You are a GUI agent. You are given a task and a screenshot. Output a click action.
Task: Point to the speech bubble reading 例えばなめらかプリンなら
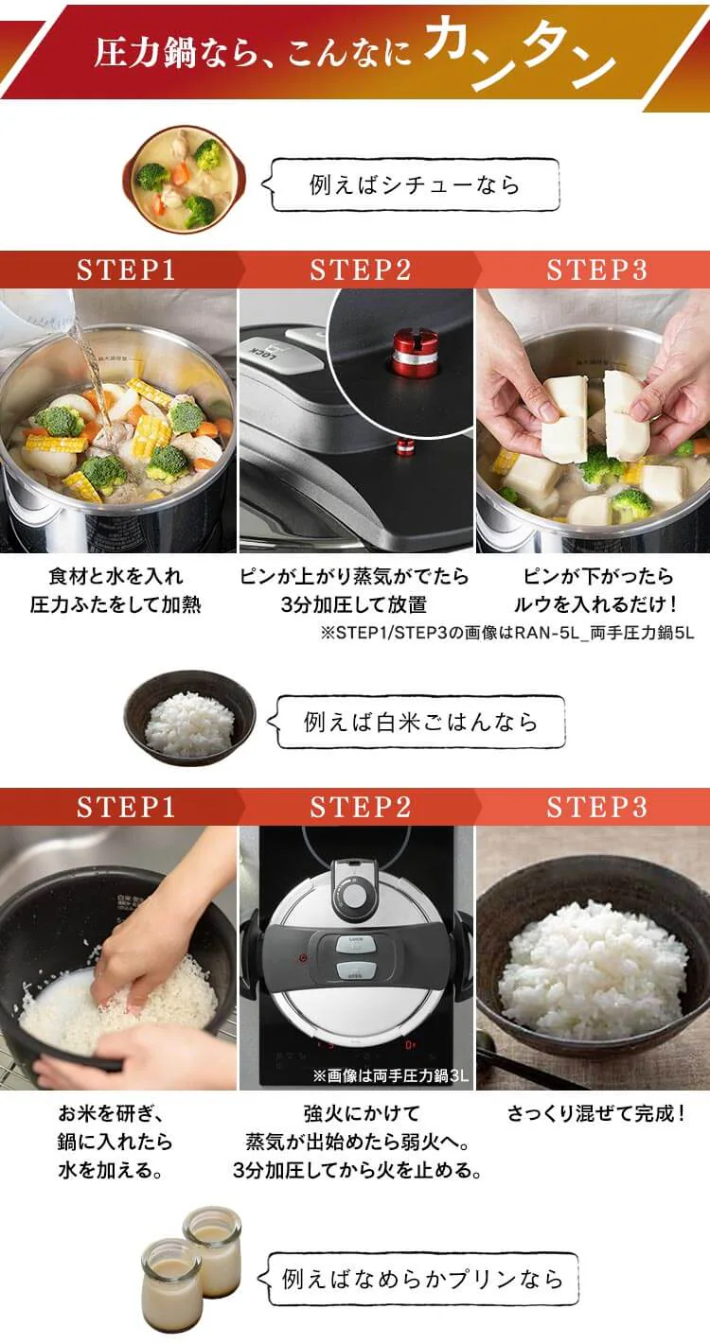[418, 1279]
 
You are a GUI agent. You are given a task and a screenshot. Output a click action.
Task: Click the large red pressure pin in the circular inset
[415, 354]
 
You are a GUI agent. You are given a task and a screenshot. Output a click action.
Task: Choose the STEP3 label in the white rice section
[597, 807]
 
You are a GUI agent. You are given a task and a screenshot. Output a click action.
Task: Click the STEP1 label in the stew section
[126, 270]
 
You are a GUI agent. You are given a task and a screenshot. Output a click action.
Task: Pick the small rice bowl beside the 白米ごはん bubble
[189, 718]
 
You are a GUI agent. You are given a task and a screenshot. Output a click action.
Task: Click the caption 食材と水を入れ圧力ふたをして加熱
[115, 590]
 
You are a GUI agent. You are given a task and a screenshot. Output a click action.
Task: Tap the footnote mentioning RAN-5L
[507, 633]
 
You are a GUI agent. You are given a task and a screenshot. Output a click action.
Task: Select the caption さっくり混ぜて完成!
[595, 1113]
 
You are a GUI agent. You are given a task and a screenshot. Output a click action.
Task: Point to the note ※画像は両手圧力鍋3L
[390, 1075]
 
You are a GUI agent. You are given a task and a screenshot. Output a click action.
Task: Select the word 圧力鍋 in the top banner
[145, 53]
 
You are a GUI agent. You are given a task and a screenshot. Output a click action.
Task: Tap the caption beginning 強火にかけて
[358, 1142]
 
